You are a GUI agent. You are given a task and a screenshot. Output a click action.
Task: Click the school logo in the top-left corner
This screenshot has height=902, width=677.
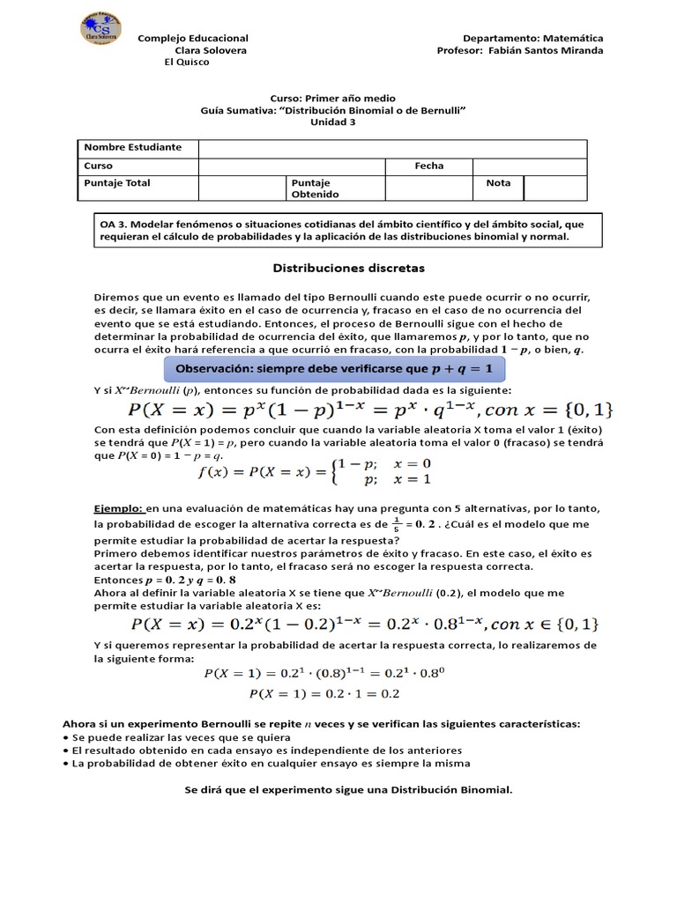100,29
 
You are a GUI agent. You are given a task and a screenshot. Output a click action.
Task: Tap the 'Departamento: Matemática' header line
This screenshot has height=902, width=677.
532,39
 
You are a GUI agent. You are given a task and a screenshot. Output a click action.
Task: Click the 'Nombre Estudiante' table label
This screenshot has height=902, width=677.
132,147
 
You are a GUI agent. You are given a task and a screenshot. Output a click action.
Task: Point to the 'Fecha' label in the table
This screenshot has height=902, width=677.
428,166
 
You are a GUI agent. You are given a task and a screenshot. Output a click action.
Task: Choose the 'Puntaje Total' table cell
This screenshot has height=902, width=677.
117,183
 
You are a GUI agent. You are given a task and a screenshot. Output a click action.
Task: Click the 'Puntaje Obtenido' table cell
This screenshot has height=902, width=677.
316,189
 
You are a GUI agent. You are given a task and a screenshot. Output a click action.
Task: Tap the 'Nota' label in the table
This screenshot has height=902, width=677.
498,183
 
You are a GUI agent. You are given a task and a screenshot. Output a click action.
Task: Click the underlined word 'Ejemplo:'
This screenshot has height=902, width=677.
118,509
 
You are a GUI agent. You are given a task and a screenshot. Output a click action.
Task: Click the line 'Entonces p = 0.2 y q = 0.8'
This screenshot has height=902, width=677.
167,581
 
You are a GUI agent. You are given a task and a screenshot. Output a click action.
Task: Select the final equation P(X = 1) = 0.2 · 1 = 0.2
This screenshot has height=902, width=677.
324,693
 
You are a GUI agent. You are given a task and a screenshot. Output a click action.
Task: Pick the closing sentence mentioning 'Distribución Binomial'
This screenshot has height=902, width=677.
347,789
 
